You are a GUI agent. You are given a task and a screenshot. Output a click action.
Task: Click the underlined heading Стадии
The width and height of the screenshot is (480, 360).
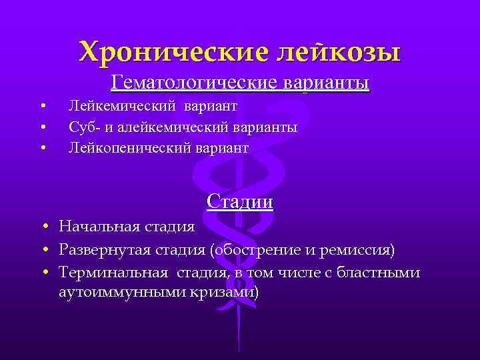click(240, 201)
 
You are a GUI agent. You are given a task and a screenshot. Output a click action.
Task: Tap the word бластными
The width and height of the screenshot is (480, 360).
click(387, 272)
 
